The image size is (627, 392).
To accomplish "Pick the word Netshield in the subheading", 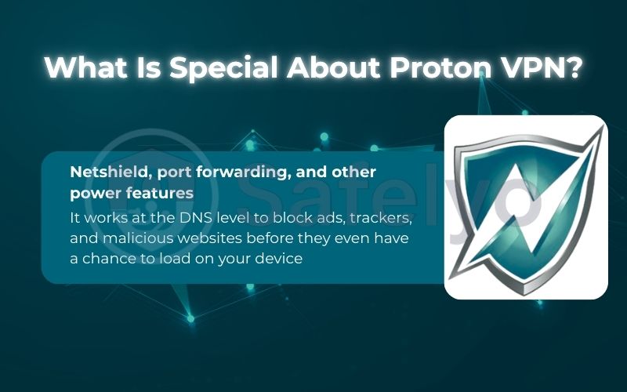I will click(x=103, y=172).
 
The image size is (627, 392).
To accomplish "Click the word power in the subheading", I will click(x=92, y=193).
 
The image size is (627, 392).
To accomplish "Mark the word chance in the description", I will click(x=110, y=259).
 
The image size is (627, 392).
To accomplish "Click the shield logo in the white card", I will click(x=526, y=206).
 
